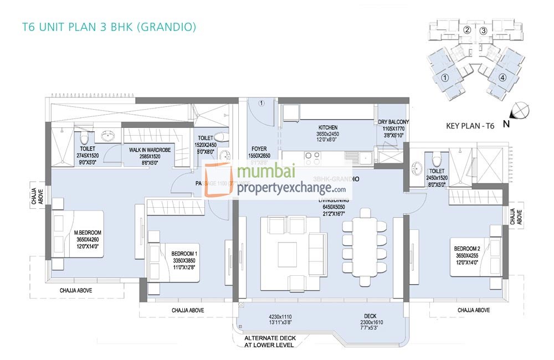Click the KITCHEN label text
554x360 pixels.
point(328,127)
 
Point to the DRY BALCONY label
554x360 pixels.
point(393,122)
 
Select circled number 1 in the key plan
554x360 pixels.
point(444,78)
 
